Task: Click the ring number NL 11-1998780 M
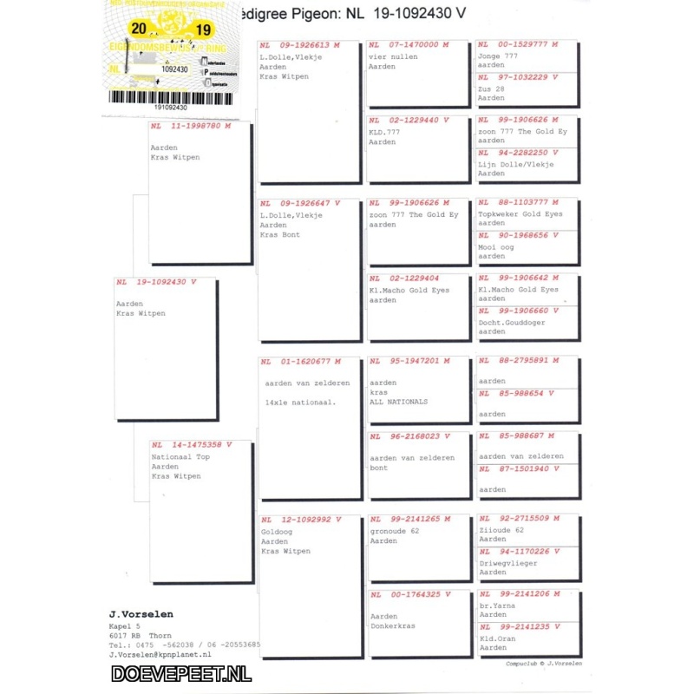tap(191, 126)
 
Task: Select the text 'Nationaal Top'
tap(180, 456)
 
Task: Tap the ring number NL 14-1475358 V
tap(191, 445)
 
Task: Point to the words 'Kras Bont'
tap(279, 235)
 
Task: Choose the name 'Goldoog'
tap(276, 531)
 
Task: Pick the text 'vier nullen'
tap(393, 57)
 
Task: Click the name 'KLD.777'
tap(382, 132)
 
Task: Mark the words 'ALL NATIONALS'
tap(398, 403)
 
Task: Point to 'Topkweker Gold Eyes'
tap(520, 213)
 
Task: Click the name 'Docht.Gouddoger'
tap(512, 322)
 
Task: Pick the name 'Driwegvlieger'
tap(508, 562)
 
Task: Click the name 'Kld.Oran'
tap(497, 638)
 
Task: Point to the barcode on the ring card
tap(173, 96)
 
